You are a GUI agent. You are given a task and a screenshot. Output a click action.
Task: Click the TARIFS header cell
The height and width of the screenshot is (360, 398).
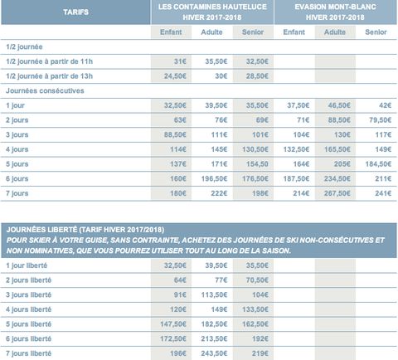tap(75, 12)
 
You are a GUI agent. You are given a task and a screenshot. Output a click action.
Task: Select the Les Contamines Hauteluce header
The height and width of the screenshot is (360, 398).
tap(212, 12)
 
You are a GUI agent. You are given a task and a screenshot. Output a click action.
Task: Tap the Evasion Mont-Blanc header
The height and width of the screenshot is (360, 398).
tap(335, 12)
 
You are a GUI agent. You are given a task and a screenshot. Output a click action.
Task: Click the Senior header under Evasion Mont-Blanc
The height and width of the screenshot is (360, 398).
tap(376, 32)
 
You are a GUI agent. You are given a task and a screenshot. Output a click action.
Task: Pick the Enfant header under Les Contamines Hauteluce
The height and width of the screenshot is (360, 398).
tap(171, 32)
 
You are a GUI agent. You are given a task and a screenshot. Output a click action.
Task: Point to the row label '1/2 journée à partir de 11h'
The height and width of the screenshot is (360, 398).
tap(49, 61)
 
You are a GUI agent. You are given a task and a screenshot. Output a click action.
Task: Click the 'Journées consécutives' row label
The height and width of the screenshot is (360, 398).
tap(45, 90)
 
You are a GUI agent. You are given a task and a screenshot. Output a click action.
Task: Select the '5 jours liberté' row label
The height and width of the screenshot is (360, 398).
tap(28, 324)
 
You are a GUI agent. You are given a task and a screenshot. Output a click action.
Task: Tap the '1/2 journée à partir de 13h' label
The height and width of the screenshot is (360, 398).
tap(49, 76)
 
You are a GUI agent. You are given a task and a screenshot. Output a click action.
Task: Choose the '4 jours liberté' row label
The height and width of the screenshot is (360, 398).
tap(28, 309)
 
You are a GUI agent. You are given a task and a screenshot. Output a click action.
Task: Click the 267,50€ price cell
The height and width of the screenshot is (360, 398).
tap(337, 193)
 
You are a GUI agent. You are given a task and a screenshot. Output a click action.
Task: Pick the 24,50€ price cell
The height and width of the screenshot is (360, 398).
tap(175, 76)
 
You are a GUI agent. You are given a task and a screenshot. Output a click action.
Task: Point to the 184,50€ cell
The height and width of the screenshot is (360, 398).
tap(378, 164)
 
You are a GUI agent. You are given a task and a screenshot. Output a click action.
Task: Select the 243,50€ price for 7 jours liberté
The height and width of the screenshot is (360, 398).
tap(214, 353)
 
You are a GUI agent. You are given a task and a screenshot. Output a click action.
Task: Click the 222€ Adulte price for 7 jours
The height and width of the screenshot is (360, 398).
tap(219, 193)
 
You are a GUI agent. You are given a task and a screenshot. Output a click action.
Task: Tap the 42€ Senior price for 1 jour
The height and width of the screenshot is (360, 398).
tap(385, 105)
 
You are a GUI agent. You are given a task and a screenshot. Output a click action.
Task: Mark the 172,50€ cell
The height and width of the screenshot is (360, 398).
tap(173, 338)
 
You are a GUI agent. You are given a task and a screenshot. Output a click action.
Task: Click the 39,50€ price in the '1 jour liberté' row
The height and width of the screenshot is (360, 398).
tap(216, 265)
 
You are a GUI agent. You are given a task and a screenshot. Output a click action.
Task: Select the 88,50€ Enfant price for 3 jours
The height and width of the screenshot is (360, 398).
tap(175, 134)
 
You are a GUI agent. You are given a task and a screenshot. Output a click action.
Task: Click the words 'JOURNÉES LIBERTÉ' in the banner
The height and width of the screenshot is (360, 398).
tap(41, 230)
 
